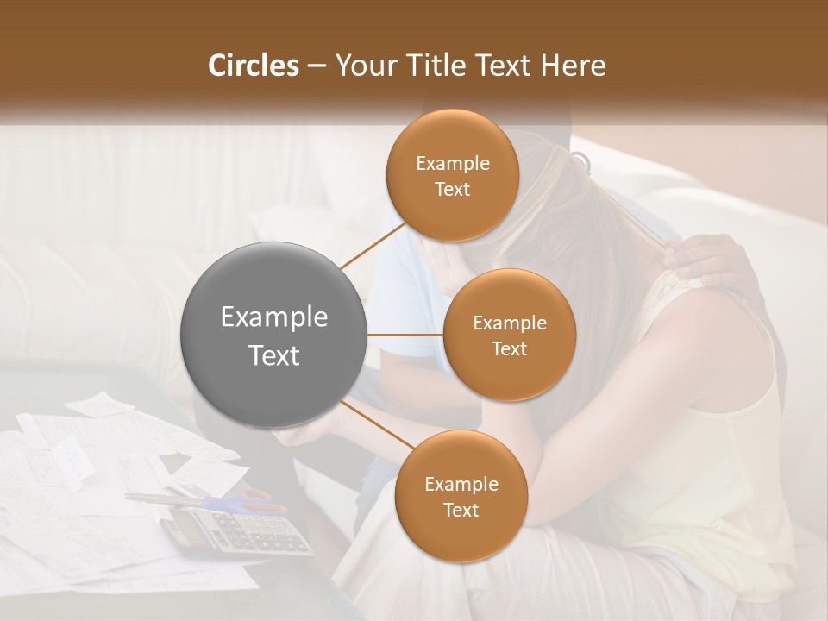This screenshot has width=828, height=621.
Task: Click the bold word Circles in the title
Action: coord(253,66)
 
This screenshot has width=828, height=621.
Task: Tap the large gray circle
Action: coord(273,336)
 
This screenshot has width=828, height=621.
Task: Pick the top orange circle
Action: coord(453,175)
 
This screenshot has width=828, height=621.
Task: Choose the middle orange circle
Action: coord(509,335)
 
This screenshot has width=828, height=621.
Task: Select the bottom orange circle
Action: coord(461,496)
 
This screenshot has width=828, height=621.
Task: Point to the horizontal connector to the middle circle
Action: coord(405,335)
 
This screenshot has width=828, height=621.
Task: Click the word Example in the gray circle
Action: coord(273,317)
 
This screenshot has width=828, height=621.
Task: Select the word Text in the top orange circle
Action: coord(453,189)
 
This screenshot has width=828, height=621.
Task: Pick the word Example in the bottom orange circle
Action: coord(461,484)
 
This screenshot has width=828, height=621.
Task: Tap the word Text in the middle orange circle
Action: coord(509,348)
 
